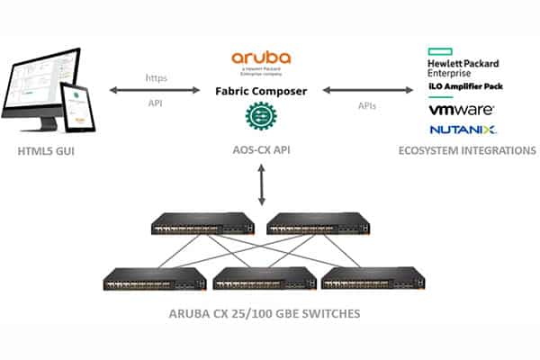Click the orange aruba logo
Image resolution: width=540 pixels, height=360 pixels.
pos(261,58)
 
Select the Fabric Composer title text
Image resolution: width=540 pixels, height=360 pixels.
pos(261,92)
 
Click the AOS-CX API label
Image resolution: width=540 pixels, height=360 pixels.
pos(261,149)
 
